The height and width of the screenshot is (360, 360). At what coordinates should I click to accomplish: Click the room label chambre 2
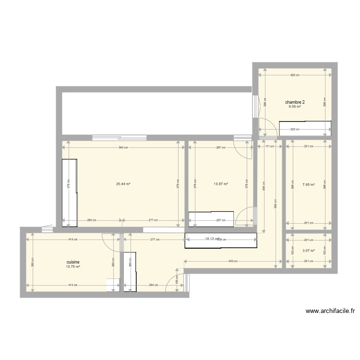click(x=295, y=102)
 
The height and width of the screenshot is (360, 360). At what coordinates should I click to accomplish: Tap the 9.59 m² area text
click(x=295, y=107)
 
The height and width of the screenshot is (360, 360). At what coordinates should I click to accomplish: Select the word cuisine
click(x=73, y=263)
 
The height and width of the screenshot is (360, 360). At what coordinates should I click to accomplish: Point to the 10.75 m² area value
click(x=73, y=267)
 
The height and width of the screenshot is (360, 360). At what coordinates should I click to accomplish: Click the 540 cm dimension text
click(x=123, y=147)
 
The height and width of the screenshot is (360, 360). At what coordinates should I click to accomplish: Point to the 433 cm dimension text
click(x=233, y=261)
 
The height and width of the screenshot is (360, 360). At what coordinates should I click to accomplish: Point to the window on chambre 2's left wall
click(x=255, y=106)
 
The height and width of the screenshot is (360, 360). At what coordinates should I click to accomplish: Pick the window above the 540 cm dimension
click(x=119, y=137)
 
